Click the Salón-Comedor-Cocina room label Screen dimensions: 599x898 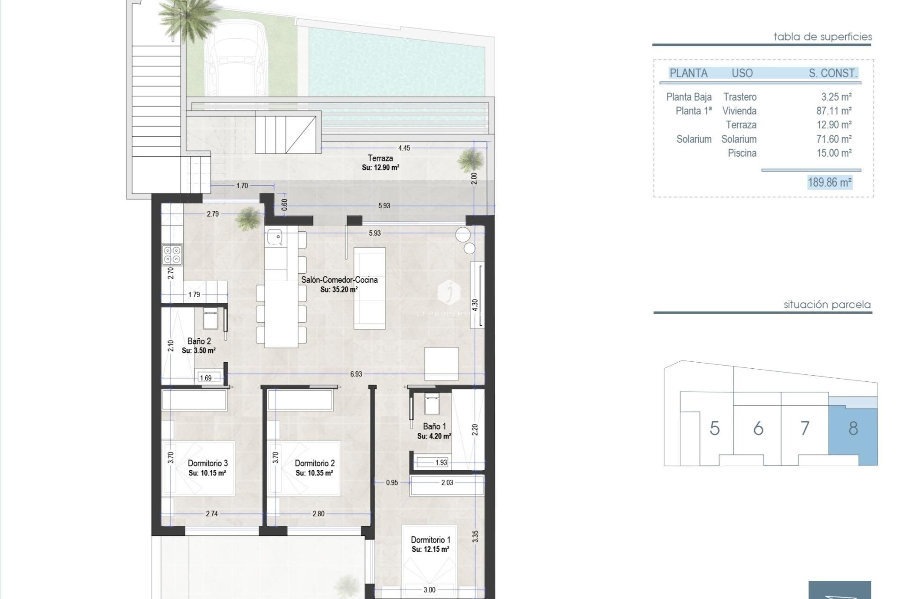point(339,280)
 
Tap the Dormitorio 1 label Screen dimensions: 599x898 point(430,540)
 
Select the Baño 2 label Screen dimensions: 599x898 point(199,341)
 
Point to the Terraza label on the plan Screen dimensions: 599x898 point(380,158)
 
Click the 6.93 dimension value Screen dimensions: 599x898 point(356,374)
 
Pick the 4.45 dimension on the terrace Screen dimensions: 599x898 point(404,148)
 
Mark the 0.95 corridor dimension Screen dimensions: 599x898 point(392,482)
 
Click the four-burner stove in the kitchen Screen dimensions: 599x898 point(172,255)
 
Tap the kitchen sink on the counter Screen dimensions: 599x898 point(275,237)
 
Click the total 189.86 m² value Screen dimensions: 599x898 point(830,182)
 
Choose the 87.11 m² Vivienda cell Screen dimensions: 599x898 point(834,111)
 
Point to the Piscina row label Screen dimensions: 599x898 point(742,153)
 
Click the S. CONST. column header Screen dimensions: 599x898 point(833,73)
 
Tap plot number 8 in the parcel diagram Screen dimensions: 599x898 point(853,428)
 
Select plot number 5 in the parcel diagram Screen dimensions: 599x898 point(714,428)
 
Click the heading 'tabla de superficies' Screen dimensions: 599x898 point(822,37)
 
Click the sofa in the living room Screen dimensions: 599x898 point(369,288)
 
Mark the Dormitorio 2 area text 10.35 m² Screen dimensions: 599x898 point(314,473)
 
